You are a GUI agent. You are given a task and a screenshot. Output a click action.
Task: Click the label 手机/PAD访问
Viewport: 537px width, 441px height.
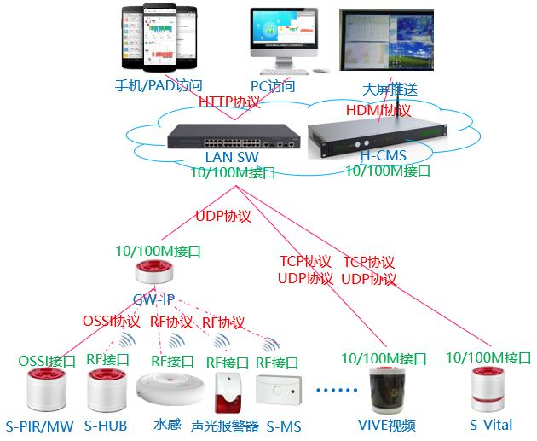(x=159, y=86)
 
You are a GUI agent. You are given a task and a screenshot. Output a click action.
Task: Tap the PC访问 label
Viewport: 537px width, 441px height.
(x=273, y=86)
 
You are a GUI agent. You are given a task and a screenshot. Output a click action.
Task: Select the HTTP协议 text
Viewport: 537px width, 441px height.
(x=230, y=102)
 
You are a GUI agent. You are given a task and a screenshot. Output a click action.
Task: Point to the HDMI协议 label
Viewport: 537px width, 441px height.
(x=378, y=110)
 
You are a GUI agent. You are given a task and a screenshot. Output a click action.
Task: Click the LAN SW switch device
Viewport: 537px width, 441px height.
(x=232, y=136)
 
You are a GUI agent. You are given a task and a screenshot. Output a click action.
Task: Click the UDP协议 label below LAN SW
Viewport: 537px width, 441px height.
(x=223, y=217)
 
